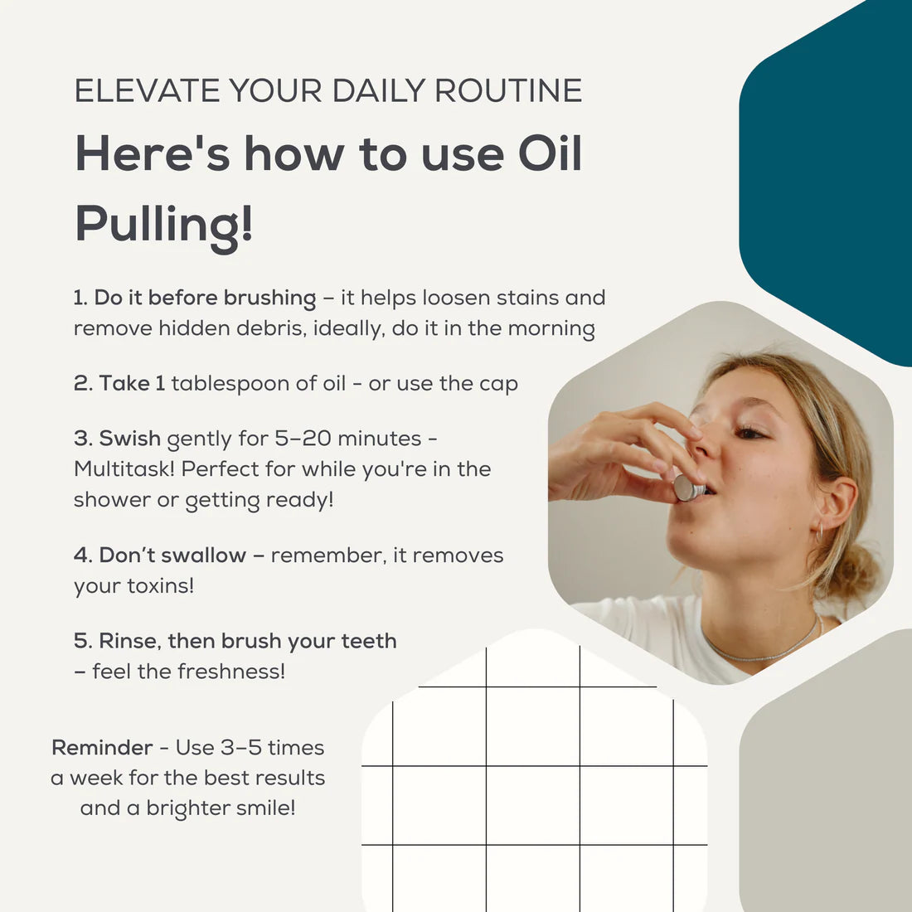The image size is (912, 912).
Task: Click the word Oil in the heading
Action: pos(550,155)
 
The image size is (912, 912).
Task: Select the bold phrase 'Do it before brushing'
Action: pos(205,298)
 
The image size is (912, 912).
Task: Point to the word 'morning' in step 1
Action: pos(551,328)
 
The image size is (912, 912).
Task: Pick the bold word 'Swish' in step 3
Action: pos(129,439)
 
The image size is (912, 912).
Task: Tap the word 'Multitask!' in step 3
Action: pos(124,469)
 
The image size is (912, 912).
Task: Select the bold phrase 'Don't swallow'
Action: pos(172,555)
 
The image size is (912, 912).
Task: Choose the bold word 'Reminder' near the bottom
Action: pos(102,748)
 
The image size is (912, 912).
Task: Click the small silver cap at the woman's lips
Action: pos(687,488)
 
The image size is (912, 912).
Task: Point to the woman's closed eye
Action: pos(749,433)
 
